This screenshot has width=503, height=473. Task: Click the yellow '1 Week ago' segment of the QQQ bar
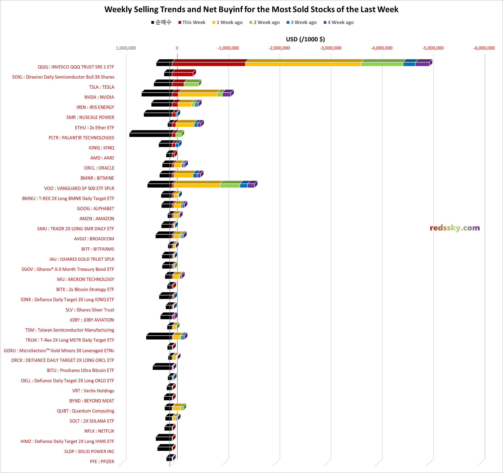pos(303,64)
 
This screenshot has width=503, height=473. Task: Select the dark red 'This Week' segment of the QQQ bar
pos(208,64)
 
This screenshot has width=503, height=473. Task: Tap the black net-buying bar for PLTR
pos(150,135)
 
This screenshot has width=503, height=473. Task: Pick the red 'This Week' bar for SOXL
pos(182,74)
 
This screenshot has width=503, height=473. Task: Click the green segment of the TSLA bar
pos(191,84)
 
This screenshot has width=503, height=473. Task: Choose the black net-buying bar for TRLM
pos(159,337)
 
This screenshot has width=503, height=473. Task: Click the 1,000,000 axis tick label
pos(126,48)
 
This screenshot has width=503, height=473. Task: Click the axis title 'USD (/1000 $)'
pos(305,39)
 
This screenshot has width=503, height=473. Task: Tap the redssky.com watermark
pos(454,228)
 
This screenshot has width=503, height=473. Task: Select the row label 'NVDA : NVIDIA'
pos(99,97)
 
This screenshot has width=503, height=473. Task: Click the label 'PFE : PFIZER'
pos(102,462)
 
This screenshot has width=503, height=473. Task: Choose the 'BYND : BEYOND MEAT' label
pos(92,401)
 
